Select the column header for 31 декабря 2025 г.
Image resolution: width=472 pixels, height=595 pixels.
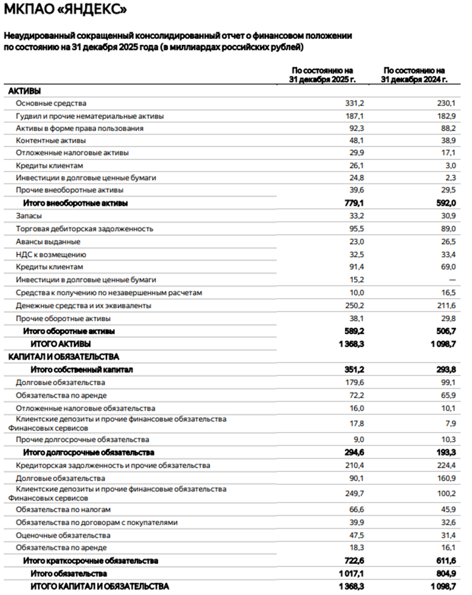(323, 75)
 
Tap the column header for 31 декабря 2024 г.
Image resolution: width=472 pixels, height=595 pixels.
(414, 75)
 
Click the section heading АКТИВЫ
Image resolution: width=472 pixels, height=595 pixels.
(24, 91)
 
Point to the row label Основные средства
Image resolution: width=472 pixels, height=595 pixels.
(51, 103)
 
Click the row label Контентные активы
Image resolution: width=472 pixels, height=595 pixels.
(50, 141)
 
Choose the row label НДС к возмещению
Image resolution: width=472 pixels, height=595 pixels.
(50, 254)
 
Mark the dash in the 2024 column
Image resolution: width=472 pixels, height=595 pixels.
(451, 280)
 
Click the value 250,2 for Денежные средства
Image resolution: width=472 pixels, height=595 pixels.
(353, 305)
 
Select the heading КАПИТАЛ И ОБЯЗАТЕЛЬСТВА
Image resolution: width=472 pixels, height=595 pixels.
(63, 357)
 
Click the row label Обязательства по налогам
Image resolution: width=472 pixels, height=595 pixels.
(63, 509)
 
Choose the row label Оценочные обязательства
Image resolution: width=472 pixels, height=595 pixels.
(63, 535)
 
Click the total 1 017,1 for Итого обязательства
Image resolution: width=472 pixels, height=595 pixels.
(350, 573)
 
